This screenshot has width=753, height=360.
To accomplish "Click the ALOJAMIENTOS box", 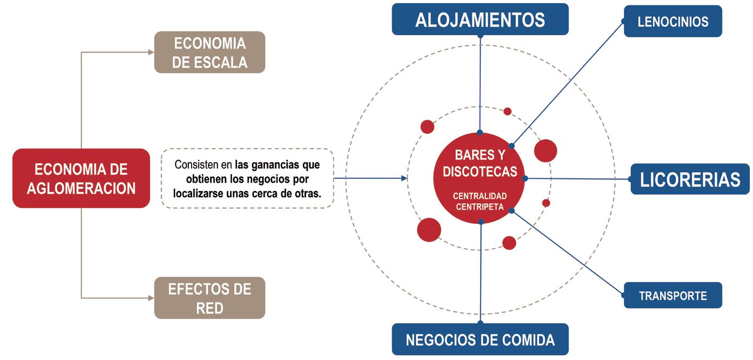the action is [x=480, y=20].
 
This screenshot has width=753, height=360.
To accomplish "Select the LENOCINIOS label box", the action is [x=673, y=22].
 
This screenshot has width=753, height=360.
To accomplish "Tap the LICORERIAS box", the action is [x=690, y=179].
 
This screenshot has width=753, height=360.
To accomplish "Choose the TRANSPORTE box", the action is [x=673, y=295].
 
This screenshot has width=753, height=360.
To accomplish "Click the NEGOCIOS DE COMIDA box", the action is [x=480, y=340].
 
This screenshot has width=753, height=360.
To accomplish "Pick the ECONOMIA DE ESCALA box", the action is [x=209, y=52].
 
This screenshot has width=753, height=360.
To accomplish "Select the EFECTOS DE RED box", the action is [x=209, y=298].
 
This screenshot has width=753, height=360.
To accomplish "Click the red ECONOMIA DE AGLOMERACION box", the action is [x=81, y=178].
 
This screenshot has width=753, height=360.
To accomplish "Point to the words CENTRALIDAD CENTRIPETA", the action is [x=480, y=201].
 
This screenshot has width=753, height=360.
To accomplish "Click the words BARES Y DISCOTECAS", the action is [x=480, y=163].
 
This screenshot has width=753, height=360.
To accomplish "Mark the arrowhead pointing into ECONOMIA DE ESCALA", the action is [x=151, y=52].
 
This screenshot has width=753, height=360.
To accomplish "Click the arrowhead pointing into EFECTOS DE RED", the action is [x=151, y=298].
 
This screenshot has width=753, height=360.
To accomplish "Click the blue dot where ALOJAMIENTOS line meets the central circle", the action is [x=480, y=133].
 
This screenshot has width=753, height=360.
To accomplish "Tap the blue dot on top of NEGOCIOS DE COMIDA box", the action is [x=481, y=324].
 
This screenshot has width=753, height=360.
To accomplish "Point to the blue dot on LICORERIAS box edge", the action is [x=631, y=179].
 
